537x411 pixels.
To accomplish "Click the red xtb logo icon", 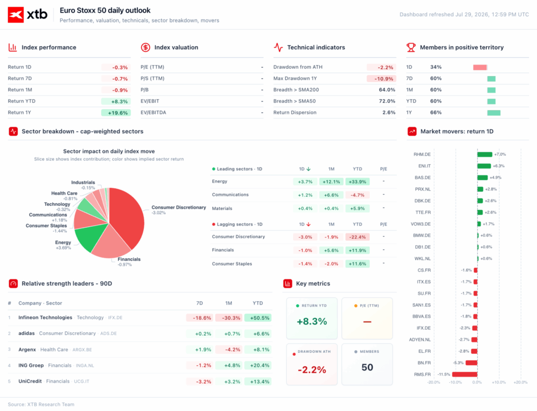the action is coord(16,15).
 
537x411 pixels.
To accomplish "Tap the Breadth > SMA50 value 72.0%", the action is coord(387,101).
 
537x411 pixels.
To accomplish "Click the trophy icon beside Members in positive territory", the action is coord(411,47).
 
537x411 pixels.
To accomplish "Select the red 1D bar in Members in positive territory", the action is coord(480,67).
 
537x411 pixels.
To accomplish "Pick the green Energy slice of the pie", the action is coord(88,237).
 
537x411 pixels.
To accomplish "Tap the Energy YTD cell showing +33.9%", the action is coord(358,182).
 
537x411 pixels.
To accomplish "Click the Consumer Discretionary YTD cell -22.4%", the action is coord(358,237).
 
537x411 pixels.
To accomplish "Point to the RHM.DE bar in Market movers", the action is coord(485,155).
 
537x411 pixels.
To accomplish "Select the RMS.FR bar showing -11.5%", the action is coord(465,374).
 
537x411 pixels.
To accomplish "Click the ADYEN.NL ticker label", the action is coord(420,340).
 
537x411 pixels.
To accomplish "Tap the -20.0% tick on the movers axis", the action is coord(434,382).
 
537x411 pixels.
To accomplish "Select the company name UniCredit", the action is coord(30,381).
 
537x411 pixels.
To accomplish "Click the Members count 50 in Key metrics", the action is coord(367,367).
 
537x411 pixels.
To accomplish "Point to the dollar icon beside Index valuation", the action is coord(146,47).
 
